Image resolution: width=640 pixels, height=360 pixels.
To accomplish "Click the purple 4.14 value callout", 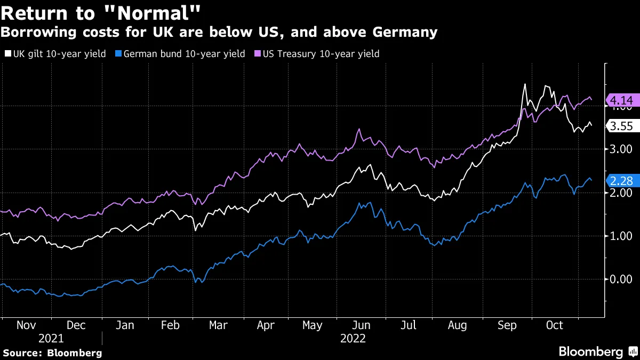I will point(621,100).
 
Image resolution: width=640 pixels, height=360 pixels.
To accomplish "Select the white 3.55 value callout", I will point(621,126).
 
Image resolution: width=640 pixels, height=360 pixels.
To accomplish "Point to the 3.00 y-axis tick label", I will point(621,150).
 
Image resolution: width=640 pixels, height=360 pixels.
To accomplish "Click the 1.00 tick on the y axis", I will point(621,236).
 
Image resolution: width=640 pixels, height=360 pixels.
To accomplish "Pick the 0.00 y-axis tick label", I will point(621,279).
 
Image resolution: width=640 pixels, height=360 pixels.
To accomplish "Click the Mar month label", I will point(218,325).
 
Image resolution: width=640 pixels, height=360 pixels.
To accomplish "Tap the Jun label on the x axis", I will point(362,325).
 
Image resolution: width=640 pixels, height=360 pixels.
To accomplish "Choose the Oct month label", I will point(555,325).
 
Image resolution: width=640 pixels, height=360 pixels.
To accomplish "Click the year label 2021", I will point(51,339).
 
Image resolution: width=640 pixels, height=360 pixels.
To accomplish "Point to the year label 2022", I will point(353,339).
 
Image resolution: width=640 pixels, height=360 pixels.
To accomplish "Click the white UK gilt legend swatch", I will point(6,54).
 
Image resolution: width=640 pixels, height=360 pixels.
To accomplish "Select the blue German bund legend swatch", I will point(119,54).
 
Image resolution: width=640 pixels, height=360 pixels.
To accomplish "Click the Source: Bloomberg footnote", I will point(52,353).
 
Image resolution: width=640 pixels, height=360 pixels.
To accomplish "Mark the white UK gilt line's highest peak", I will point(525,84).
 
